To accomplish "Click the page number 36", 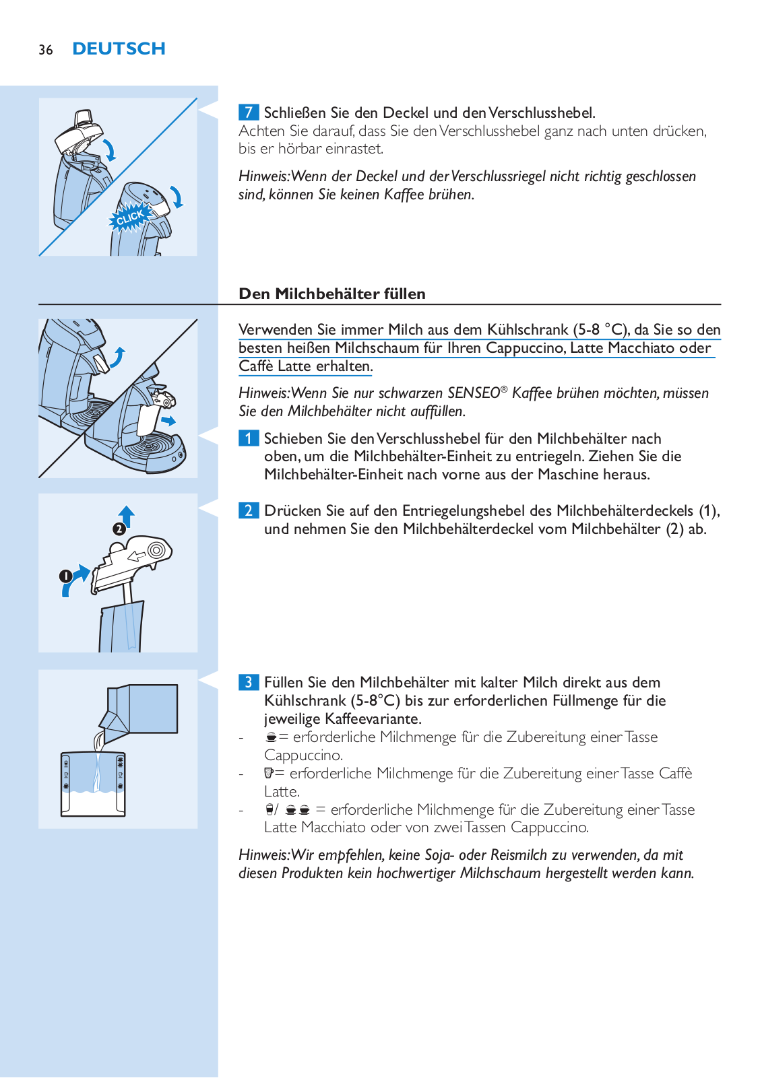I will pyautogui.click(x=46, y=50).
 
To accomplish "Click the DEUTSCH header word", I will pyautogui.click(x=119, y=49).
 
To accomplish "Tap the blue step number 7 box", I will pyautogui.click(x=248, y=112).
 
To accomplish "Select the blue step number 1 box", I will pyautogui.click(x=248, y=438).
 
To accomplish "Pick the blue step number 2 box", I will pyautogui.click(x=248, y=510).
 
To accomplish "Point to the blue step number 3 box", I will pyautogui.click(x=248, y=682).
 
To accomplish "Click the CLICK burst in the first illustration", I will pyautogui.click(x=130, y=217).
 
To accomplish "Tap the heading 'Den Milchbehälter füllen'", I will pyautogui.click(x=332, y=294).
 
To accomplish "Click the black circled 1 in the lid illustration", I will pyautogui.click(x=65, y=576).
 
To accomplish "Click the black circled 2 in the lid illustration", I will pyautogui.click(x=119, y=529).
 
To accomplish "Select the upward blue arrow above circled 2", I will pyautogui.click(x=127, y=516).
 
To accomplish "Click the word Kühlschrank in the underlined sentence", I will pyautogui.click(x=528, y=330).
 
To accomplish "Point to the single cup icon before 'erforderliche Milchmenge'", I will pyautogui.click(x=271, y=737).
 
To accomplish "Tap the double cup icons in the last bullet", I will pyautogui.click(x=297, y=810).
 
